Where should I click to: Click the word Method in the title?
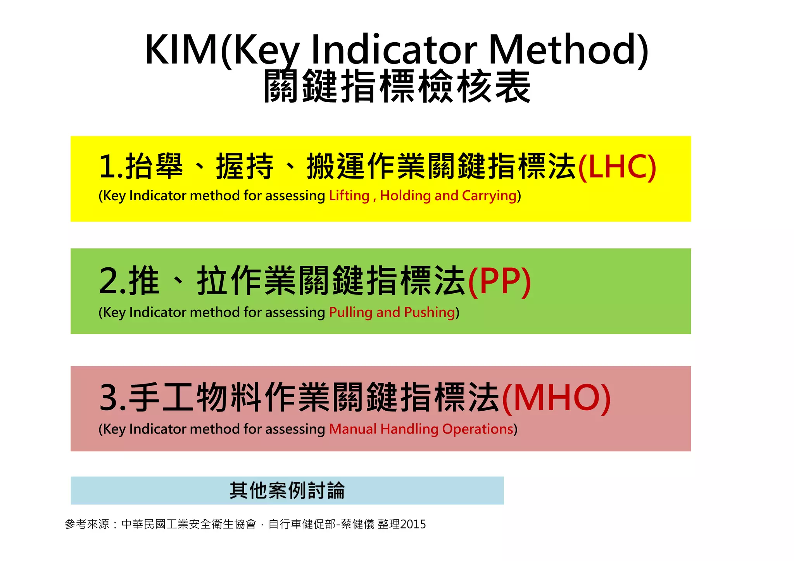pyautogui.click(x=568, y=50)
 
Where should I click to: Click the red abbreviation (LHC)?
pyautogui.click(x=617, y=167)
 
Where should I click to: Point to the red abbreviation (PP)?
pyautogui.click(x=499, y=282)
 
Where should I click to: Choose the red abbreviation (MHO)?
pyautogui.click(x=556, y=398)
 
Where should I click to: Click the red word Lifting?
pyautogui.click(x=349, y=196)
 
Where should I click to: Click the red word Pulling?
pyautogui.click(x=350, y=313)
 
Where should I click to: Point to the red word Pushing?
pyautogui.click(x=429, y=313)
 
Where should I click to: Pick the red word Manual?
pyautogui.click(x=353, y=429)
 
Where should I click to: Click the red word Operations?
pyautogui.click(x=478, y=429)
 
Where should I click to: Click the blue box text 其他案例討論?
pyautogui.click(x=287, y=491)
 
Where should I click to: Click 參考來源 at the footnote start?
pyautogui.click(x=87, y=525)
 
